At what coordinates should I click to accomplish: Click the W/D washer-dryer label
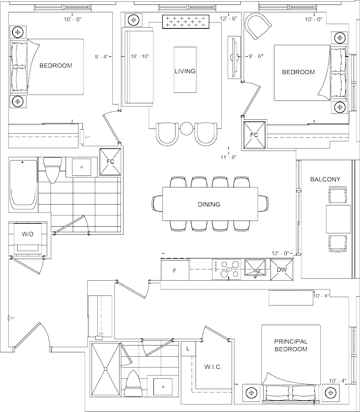(x=28, y=234)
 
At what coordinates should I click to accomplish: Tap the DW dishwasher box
(x=282, y=269)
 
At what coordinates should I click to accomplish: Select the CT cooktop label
(x=230, y=269)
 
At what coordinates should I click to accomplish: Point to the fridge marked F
(x=175, y=270)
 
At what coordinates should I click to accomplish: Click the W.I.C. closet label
(x=212, y=367)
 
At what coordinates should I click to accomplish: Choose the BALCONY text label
(x=325, y=179)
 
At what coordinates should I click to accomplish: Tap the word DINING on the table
(x=209, y=204)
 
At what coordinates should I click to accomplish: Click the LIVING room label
(x=185, y=71)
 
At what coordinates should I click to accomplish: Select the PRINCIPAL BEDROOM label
(x=291, y=346)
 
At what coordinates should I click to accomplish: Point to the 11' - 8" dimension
(x=229, y=157)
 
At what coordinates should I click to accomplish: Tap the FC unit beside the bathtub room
(x=110, y=162)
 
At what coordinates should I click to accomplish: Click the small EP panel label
(x=87, y=137)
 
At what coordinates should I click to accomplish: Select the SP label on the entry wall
(x=12, y=318)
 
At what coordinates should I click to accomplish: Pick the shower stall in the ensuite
(x=106, y=368)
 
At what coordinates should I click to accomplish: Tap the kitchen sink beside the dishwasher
(x=256, y=269)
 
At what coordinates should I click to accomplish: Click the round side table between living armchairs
(x=186, y=129)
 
